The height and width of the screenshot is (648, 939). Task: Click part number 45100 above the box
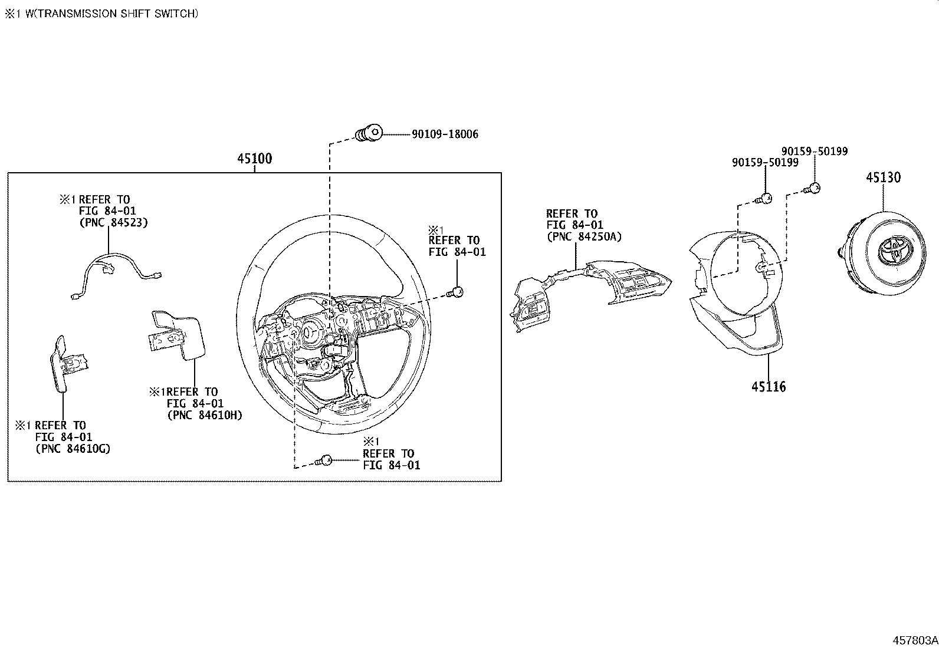click(x=254, y=159)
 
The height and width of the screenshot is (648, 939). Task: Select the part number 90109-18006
click(x=444, y=134)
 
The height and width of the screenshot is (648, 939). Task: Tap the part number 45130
click(x=883, y=177)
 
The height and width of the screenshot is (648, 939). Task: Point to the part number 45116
click(x=769, y=387)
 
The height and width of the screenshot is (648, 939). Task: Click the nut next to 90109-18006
click(x=369, y=134)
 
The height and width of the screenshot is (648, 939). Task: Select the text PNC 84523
click(x=113, y=223)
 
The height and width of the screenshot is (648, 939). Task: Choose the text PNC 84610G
click(x=73, y=449)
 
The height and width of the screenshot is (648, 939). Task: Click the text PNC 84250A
click(x=584, y=236)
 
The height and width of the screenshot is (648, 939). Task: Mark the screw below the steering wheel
click(x=324, y=461)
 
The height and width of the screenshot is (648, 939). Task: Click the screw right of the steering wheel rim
click(x=456, y=291)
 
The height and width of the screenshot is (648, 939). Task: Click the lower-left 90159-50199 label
click(x=765, y=162)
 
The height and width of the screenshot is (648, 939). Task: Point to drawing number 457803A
click(x=914, y=640)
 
